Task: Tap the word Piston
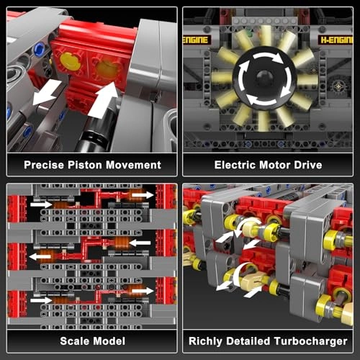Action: pyautogui.click(x=87, y=165)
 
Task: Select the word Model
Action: pyautogui.click(x=110, y=341)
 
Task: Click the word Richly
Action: pyautogui.click(x=205, y=341)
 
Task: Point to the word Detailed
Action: pyautogui.click(x=251, y=341)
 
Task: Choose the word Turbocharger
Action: pyautogui.click(x=313, y=341)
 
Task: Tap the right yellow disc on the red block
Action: pyautogui.click(x=106, y=69)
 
